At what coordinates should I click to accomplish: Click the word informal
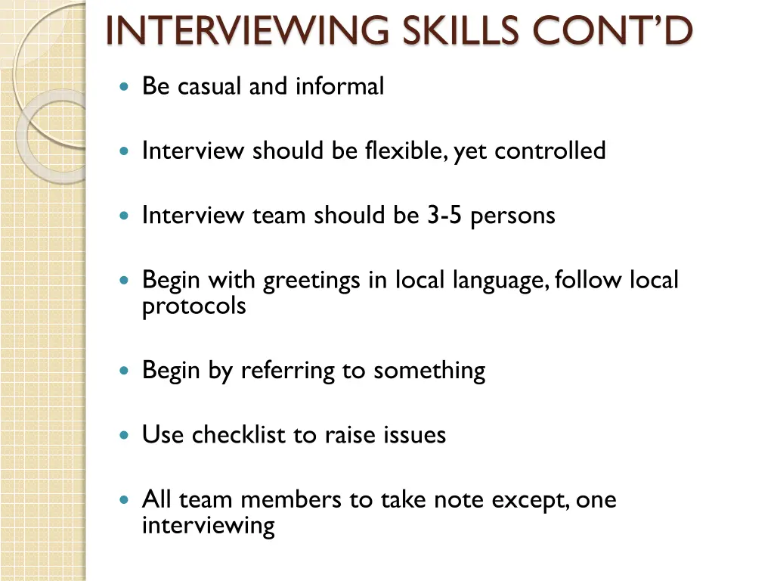click(339, 86)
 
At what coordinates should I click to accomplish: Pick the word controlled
click(550, 151)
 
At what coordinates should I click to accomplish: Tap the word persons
click(512, 216)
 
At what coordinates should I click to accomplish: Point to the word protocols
click(193, 306)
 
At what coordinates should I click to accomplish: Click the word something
click(429, 371)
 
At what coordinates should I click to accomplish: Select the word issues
click(415, 435)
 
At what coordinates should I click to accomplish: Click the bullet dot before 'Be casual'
click(125, 87)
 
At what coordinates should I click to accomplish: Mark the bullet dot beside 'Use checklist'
click(125, 436)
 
